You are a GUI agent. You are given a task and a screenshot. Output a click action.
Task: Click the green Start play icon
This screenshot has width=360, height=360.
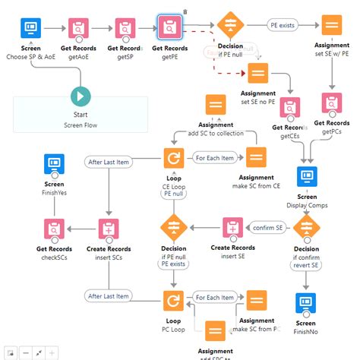point(80,96)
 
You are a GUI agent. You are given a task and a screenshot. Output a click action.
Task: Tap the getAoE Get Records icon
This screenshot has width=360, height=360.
point(78,28)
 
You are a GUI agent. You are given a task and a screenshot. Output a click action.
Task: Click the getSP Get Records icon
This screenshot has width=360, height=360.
point(127,28)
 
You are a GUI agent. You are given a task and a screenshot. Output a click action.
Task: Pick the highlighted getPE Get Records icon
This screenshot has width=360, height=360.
point(170,27)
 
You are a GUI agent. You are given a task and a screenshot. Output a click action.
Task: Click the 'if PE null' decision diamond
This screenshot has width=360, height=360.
point(229,26)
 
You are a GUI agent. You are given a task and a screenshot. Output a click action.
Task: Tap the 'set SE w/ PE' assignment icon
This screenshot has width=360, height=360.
point(331,25)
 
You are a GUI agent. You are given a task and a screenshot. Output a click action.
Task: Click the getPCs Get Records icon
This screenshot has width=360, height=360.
point(331,102)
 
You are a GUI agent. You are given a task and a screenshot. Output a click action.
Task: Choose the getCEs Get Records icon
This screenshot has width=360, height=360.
point(290,107)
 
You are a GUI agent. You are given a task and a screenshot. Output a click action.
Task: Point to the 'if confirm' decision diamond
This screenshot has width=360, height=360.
point(306,227)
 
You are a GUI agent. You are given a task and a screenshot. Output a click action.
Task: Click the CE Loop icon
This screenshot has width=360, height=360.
point(174,159)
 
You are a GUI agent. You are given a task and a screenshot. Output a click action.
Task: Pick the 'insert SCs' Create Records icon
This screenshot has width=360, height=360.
point(107,228)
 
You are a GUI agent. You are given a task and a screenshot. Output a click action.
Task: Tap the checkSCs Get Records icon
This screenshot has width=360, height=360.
point(54,228)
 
